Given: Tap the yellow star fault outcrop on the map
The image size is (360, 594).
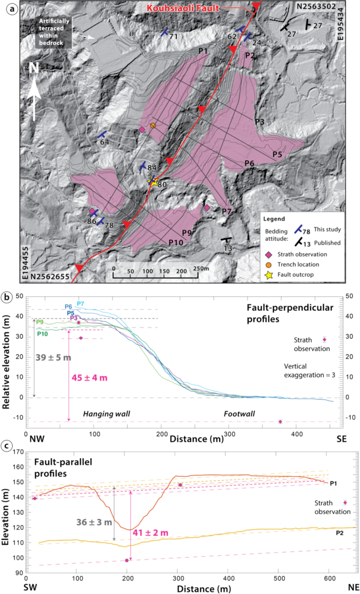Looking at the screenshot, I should pyautogui.click(x=153, y=182).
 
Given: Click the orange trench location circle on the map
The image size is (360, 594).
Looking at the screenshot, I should pyautogui.click(x=153, y=126).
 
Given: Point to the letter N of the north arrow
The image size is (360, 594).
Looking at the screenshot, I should pyautogui.click(x=34, y=69).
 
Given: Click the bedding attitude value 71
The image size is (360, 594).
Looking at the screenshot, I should pyautogui.click(x=173, y=36).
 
